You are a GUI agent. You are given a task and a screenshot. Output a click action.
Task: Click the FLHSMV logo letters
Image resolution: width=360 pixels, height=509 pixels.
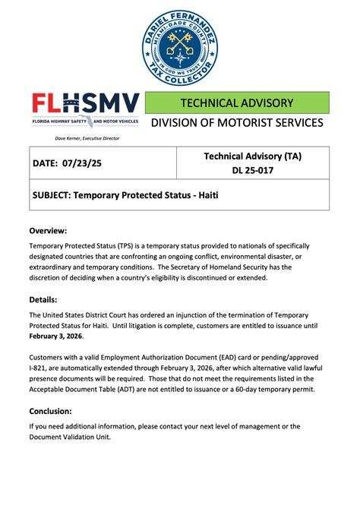pyautogui.click(x=85, y=104)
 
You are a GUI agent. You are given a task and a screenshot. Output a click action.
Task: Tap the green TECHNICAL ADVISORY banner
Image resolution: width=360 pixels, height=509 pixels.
pyautogui.click(x=236, y=103)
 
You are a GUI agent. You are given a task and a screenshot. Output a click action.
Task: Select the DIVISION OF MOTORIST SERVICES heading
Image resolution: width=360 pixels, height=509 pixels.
pyautogui.click(x=236, y=123)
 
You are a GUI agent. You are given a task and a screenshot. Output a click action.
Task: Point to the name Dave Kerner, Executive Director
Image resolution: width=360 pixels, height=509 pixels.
pyautogui.click(x=87, y=138)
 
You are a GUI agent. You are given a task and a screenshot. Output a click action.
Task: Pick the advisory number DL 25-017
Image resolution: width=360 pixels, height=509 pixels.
pyautogui.click(x=252, y=170)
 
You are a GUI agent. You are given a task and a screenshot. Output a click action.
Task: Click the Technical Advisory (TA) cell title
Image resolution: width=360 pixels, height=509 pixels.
pyautogui.click(x=252, y=156)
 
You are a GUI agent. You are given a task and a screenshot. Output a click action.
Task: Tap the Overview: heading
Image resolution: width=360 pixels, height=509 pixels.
pyautogui.click(x=48, y=230)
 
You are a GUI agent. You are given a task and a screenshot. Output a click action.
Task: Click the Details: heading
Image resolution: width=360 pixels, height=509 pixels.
pyautogui.click(x=44, y=299)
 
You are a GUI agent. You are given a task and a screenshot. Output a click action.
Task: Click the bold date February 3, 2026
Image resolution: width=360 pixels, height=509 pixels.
pyautogui.click(x=55, y=337)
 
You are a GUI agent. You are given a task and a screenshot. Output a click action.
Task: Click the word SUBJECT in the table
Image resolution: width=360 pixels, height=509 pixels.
pyautogui.click(x=55, y=194)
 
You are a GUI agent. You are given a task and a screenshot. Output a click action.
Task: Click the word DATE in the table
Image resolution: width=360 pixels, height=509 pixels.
pyautogui.click(x=47, y=163)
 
